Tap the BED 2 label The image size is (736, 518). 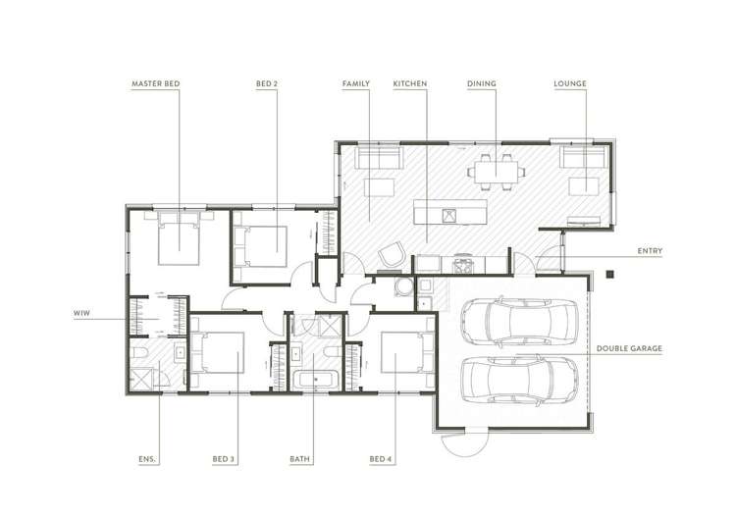pyautogui.click(x=267, y=84)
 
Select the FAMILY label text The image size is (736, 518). pyautogui.click(x=356, y=84)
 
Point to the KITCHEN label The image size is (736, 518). pyautogui.click(x=410, y=84)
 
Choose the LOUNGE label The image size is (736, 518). pyautogui.click(x=570, y=84)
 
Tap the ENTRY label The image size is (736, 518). pyautogui.click(x=650, y=251)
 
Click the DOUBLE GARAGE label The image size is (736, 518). pyautogui.click(x=631, y=348)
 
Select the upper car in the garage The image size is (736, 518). pyautogui.click(x=520, y=320)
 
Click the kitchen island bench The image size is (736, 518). pyautogui.click(x=449, y=212)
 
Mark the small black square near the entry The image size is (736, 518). pyautogui.click(x=609, y=274)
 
